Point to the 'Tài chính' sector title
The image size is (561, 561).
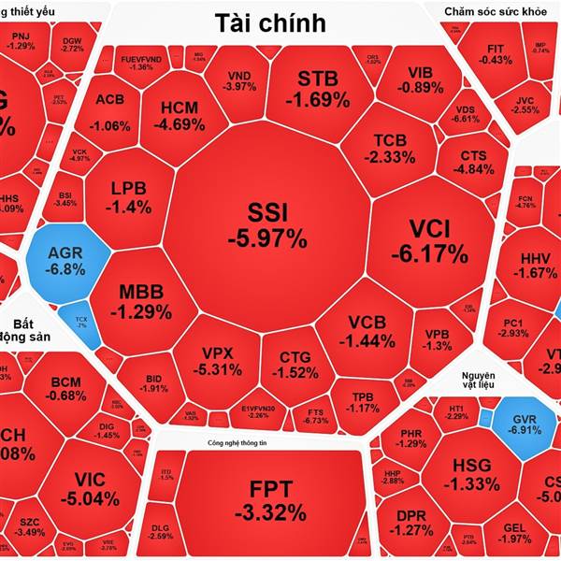(269, 22)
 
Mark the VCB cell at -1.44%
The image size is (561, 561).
(367, 332)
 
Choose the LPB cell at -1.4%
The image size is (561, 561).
(130, 197)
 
